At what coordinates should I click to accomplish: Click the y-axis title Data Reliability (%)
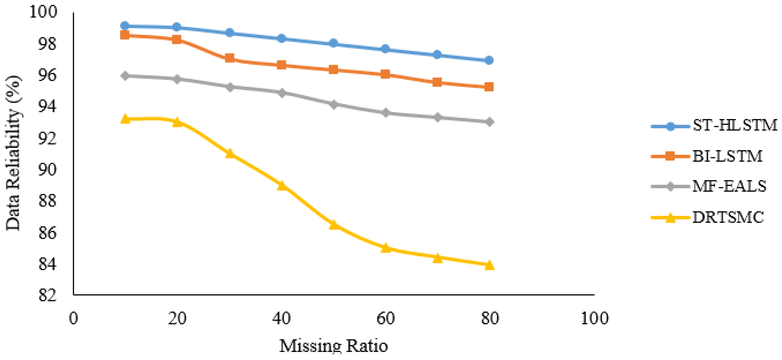pos(13,153)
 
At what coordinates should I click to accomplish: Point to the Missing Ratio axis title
pos(333,346)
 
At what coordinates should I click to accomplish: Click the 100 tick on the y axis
pos(43,12)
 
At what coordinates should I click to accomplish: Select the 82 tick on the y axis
pos(47,295)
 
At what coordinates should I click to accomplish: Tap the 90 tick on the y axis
pos(47,169)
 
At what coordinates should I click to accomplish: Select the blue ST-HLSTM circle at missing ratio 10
pos(125,26)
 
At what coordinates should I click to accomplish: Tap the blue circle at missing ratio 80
pos(489,60)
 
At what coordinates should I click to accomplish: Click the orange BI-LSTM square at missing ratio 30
pos(229,58)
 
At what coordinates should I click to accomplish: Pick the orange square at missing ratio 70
pos(437,82)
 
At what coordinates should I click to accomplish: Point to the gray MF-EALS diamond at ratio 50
pos(333,104)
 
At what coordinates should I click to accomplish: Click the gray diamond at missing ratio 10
pos(125,76)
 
